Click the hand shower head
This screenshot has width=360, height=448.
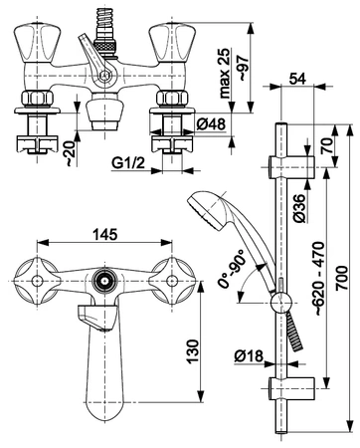click(x=205, y=206)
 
